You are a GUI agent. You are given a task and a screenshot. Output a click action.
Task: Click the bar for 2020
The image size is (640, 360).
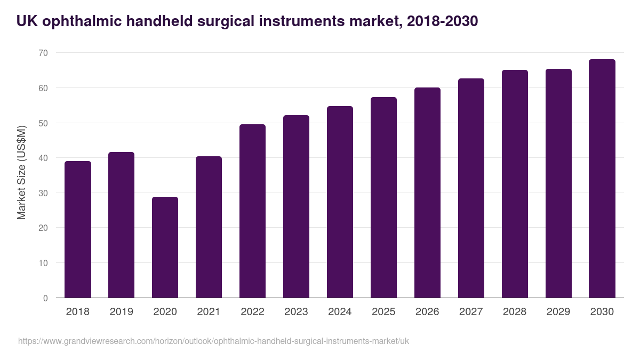click(165, 247)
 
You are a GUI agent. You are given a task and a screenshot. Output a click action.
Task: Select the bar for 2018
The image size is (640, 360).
click(78, 229)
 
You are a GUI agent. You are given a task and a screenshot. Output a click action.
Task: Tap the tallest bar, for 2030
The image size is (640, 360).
click(602, 179)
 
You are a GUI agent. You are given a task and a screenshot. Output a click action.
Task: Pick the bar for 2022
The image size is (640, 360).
click(252, 211)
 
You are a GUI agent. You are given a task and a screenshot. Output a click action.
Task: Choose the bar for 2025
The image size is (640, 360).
click(383, 197)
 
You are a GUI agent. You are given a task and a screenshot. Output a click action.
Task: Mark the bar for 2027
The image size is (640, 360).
click(471, 188)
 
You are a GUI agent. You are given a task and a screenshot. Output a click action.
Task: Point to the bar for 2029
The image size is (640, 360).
click(558, 183)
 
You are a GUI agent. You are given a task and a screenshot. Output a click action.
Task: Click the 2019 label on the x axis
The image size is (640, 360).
click(121, 311)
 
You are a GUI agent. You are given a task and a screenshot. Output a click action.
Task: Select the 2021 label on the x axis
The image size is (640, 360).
click(209, 311)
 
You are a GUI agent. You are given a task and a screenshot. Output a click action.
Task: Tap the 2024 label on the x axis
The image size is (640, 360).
click(340, 311)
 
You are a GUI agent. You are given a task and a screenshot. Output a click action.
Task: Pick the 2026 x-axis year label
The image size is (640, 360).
click(427, 311)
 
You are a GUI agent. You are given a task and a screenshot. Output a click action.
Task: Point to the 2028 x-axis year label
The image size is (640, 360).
click(515, 311)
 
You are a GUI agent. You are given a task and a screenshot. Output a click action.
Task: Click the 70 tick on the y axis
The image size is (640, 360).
click(43, 53)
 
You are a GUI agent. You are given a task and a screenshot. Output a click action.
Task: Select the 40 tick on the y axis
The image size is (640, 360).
click(43, 158)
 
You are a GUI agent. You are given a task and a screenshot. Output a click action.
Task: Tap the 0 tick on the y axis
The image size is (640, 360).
click(45, 298)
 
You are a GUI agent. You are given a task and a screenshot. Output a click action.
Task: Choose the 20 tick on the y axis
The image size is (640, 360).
click(43, 228)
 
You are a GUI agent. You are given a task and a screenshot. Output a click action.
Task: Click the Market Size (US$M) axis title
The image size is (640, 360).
click(21, 173)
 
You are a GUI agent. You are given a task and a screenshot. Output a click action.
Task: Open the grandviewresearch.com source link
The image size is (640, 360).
click(213, 341)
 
